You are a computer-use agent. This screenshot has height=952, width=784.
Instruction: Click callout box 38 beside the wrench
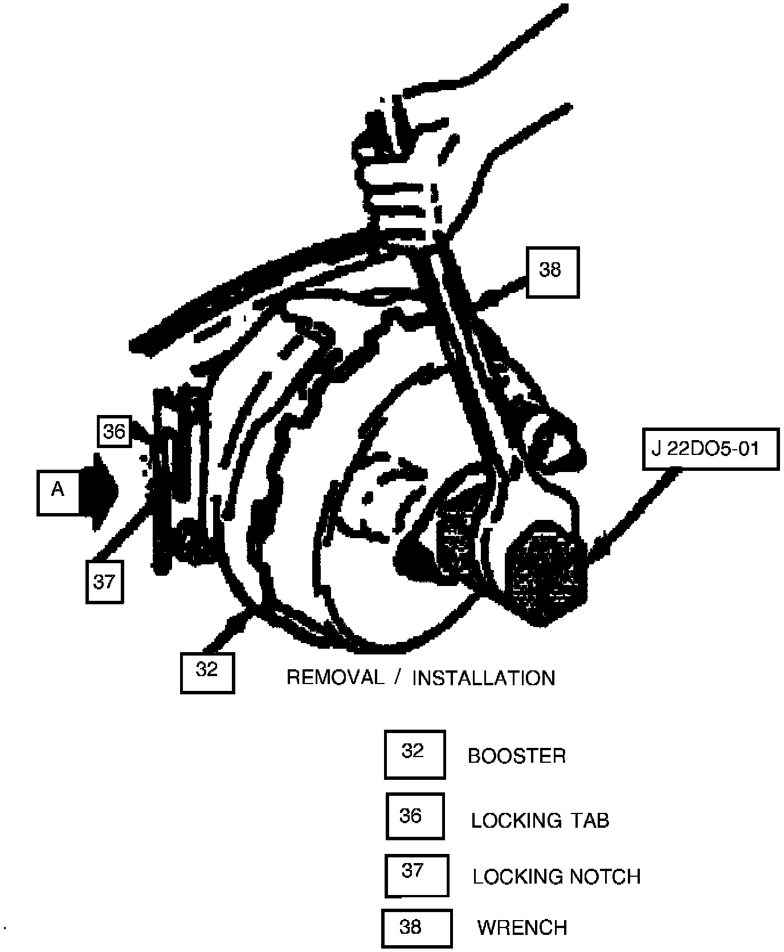[552, 272]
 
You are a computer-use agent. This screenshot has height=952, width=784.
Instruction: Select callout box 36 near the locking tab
[114, 432]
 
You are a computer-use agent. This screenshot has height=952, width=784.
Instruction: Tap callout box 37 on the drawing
[104, 581]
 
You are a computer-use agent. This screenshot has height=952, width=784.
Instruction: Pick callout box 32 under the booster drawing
[207, 672]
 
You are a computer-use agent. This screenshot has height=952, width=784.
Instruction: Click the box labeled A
[58, 493]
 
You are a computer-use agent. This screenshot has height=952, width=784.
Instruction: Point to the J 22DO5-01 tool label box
[710, 449]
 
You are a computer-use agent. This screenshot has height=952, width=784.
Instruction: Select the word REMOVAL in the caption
[335, 677]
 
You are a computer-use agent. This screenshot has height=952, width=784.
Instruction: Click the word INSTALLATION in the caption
[483, 678]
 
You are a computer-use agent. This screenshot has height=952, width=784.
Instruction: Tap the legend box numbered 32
[414, 754]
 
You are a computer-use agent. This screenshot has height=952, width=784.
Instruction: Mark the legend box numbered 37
[416, 874]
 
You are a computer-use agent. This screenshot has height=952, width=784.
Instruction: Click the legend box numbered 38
[416, 927]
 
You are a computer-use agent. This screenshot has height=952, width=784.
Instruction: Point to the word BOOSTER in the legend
[517, 756]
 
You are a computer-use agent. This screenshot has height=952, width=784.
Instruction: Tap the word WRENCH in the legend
[522, 928]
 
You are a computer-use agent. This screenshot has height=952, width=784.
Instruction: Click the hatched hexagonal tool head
[548, 574]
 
